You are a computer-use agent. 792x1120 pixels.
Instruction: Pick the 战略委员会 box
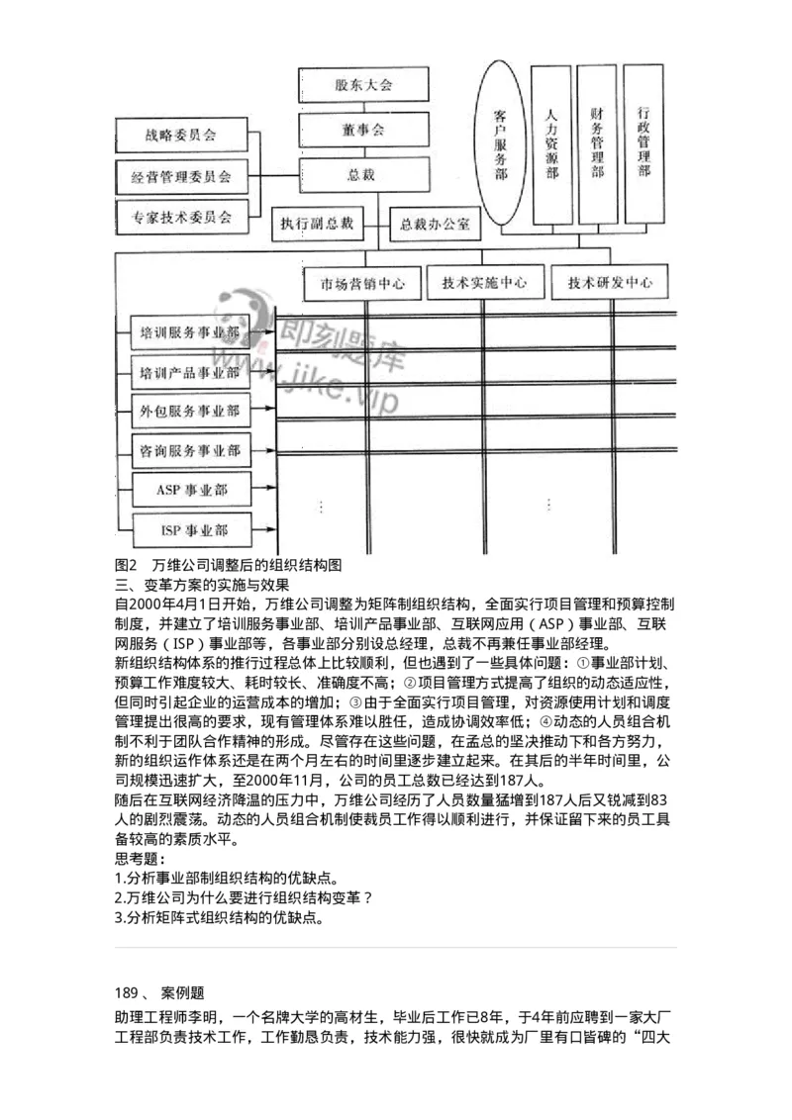pyautogui.click(x=181, y=133)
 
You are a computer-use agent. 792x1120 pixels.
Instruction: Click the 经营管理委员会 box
pyautogui.click(x=181, y=177)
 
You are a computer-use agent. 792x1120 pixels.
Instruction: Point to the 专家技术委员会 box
pyautogui.click(x=181, y=217)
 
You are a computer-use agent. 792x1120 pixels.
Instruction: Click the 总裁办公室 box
pyautogui.click(x=435, y=224)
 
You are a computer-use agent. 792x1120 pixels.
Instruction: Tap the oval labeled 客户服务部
pyautogui.click(x=501, y=143)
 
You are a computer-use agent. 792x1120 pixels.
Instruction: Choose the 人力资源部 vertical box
pyautogui.click(x=551, y=143)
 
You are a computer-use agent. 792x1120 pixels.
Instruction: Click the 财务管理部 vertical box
pyautogui.click(x=597, y=143)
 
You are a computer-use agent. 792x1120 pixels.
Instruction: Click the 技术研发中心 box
pyautogui.click(x=610, y=282)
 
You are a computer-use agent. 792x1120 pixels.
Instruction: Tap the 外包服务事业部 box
pyautogui.click(x=190, y=411)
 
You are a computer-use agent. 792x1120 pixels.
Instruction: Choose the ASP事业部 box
pyautogui.click(x=191, y=490)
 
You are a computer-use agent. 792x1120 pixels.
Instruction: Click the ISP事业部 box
pyautogui.click(x=191, y=529)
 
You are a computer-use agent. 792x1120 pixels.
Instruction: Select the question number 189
pyautogui.click(x=129, y=990)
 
